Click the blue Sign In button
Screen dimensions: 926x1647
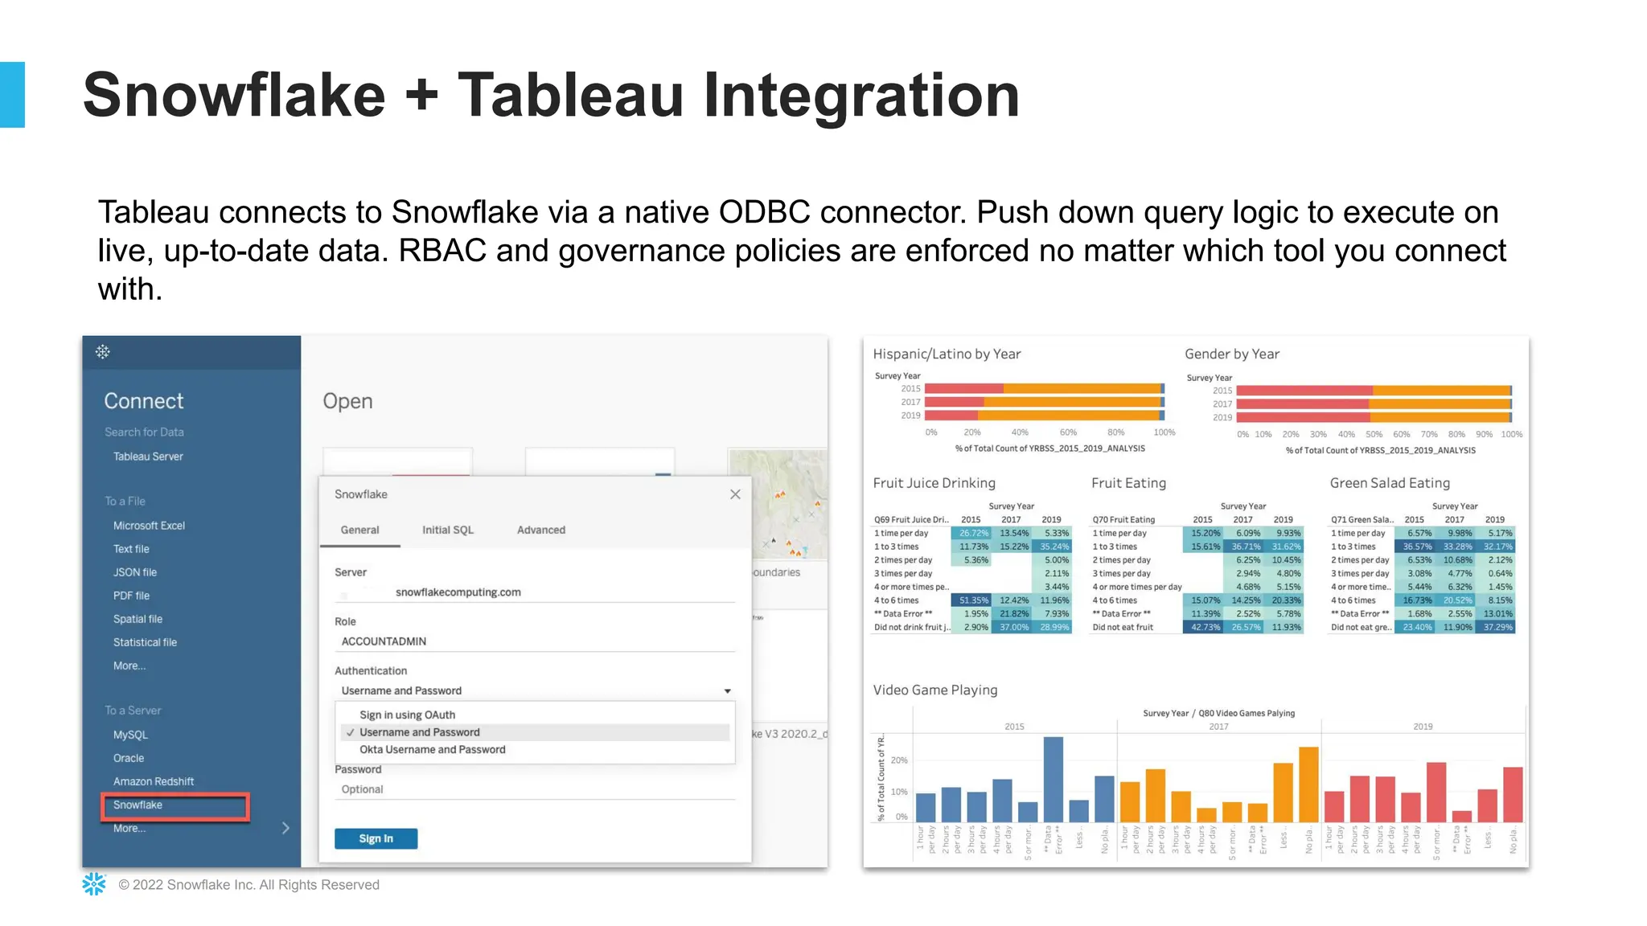click(x=376, y=838)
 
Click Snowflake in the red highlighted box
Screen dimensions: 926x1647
click(x=138, y=805)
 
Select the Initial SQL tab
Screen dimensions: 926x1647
click(x=448, y=530)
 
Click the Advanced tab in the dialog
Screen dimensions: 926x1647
click(x=540, y=530)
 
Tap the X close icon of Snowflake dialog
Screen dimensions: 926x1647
click(x=735, y=494)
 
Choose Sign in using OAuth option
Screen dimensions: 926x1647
click(x=407, y=715)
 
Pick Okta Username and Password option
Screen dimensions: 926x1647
click(x=432, y=749)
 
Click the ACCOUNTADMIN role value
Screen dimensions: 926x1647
click(x=384, y=641)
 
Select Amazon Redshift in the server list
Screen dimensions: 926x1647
click(x=153, y=781)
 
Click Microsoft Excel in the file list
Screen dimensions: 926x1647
click(x=149, y=526)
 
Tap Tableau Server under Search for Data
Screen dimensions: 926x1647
click(x=148, y=457)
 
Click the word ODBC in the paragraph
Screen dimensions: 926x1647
click(x=764, y=213)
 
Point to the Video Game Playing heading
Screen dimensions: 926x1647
click(x=934, y=690)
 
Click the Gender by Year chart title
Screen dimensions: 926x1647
click(x=1231, y=354)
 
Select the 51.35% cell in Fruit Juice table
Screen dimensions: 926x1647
click(x=972, y=600)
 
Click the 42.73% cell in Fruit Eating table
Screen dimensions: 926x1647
click(x=1205, y=627)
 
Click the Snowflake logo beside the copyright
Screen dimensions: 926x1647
click(x=94, y=884)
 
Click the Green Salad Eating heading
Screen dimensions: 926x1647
click(x=1389, y=483)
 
